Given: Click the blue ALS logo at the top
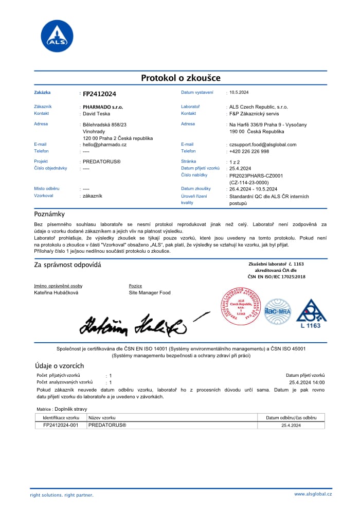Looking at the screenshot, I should (57, 36).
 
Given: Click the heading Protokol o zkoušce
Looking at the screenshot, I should (181, 78).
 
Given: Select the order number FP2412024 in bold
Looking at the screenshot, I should (99, 94).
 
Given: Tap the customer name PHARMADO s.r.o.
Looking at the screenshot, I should (103, 107).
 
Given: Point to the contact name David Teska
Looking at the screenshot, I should (96, 114).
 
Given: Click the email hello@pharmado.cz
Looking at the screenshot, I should (104, 145).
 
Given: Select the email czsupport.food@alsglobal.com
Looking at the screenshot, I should (262, 145).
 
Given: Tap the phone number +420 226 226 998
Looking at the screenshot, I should (249, 151).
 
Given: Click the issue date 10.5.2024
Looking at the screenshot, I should (239, 93).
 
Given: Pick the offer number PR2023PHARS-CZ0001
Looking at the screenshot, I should (256, 175).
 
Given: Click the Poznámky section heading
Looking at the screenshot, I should (49, 214).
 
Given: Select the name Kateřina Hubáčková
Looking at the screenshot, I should (56, 293).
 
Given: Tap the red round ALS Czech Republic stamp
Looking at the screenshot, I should (241, 307).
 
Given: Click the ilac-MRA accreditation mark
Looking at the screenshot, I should (277, 310).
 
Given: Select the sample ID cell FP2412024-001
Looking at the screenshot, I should (61, 426).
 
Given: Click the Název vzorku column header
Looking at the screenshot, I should (102, 418).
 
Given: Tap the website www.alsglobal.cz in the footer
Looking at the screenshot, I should (313, 494).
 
